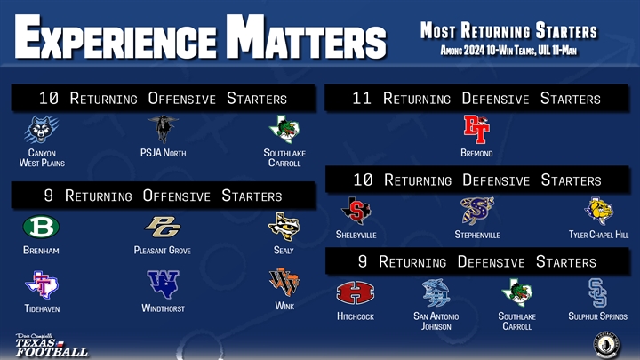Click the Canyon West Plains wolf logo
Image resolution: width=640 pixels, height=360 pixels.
(x=41, y=129)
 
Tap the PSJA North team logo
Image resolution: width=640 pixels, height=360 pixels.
(x=163, y=129)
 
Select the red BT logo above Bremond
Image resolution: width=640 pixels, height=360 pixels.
(x=476, y=129)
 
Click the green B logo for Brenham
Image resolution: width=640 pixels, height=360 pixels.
(x=41, y=227)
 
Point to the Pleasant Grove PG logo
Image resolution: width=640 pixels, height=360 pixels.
(x=163, y=227)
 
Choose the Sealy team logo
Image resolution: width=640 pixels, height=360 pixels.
(x=284, y=227)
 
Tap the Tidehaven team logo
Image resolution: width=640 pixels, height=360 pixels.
(x=42, y=284)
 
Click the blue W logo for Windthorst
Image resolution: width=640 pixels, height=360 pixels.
(x=163, y=284)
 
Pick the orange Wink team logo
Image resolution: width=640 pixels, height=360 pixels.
(x=284, y=283)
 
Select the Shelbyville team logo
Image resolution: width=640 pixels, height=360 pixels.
(x=356, y=211)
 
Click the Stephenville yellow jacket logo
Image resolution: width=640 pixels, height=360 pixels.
(x=477, y=211)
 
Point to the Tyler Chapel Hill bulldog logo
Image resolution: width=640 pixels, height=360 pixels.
(x=598, y=211)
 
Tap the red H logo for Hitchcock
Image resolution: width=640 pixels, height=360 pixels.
(x=355, y=292)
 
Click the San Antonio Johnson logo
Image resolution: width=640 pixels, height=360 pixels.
(x=436, y=292)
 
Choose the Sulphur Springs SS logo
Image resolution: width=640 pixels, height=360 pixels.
(x=597, y=292)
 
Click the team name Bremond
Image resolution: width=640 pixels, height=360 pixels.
(x=476, y=153)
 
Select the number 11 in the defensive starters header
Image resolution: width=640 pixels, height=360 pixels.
(x=362, y=99)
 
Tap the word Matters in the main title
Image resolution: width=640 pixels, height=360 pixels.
(x=306, y=37)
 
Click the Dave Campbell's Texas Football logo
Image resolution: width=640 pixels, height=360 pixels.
(x=52, y=345)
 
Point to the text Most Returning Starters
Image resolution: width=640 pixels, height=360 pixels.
(x=508, y=31)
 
